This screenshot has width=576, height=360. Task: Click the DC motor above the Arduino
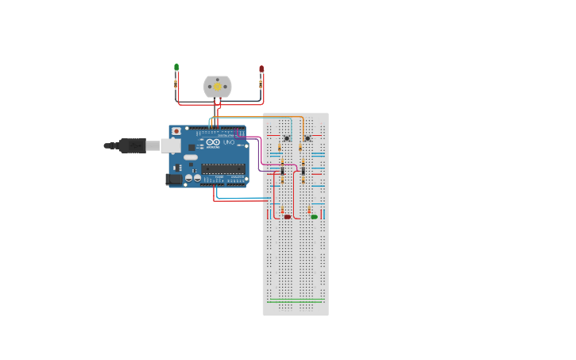click(x=217, y=87)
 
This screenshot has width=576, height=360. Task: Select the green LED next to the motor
click(x=176, y=68)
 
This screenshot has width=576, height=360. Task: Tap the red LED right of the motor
click(x=261, y=69)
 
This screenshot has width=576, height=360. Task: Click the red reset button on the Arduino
click(x=176, y=131)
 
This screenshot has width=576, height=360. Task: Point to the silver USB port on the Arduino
click(x=170, y=145)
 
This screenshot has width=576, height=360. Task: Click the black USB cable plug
click(x=132, y=145)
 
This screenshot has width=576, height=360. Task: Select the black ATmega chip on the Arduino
click(x=223, y=168)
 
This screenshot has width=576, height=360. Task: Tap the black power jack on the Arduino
click(x=173, y=180)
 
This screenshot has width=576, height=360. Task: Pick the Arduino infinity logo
click(x=212, y=143)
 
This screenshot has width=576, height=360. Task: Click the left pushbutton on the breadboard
click(x=287, y=138)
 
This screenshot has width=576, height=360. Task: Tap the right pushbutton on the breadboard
click(x=307, y=138)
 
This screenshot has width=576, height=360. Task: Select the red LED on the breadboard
click(x=288, y=216)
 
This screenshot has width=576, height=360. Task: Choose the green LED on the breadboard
click(x=315, y=216)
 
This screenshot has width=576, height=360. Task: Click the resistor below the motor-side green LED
click(x=176, y=83)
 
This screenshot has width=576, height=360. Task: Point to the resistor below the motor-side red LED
click(x=261, y=83)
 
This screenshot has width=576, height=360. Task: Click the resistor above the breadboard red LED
click(x=282, y=210)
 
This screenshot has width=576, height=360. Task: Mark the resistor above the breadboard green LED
click(x=309, y=210)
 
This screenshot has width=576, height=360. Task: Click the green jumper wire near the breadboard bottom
click(x=296, y=301)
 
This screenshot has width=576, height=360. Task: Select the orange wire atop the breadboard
click(x=262, y=118)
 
